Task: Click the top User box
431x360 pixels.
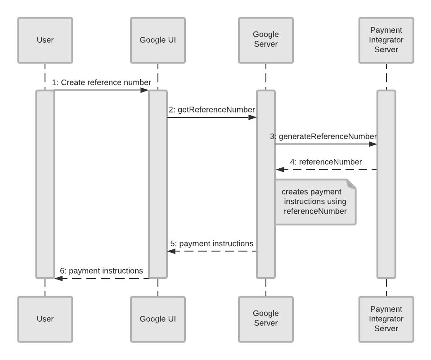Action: pyautogui.click(x=45, y=40)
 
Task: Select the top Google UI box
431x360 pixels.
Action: pyautogui.click(x=157, y=40)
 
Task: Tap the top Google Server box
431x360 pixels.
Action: pyautogui.click(x=265, y=40)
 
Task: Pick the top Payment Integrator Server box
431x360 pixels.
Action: pyautogui.click(x=386, y=40)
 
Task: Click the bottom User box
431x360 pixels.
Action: pyautogui.click(x=45, y=319)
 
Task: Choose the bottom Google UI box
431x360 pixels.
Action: pyautogui.click(x=157, y=319)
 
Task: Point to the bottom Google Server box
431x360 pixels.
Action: pyautogui.click(x=265, y=319)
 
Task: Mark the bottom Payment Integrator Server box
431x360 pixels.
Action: pyautogui.click(x=386, y=319)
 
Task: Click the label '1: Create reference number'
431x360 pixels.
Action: pyautogui.click(x=101, y=82)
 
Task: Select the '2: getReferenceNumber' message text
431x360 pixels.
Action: pyautogui.click(x=212, y=109)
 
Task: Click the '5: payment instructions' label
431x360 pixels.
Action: pyautogui.click(x=211, y=243)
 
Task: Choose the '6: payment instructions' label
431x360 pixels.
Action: pyautogui.click(x=101, y=270)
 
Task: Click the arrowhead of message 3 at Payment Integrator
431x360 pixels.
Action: pyautogui.click(x=373, y=144)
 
